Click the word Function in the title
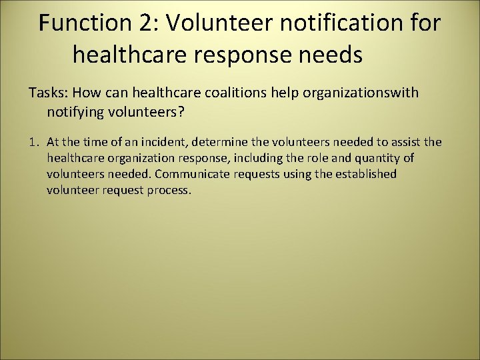[x=85, y=23]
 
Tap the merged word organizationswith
[x=361, y=93]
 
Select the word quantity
[x=378, y=158]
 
